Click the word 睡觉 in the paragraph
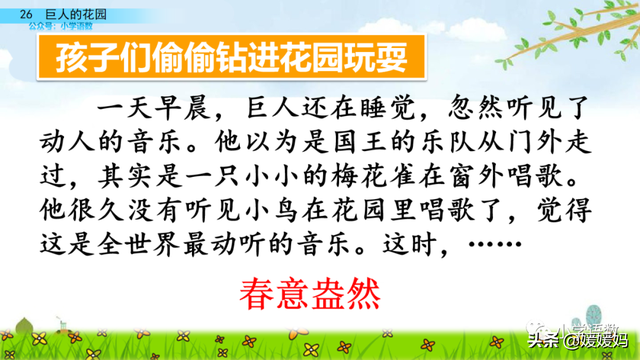point(390,106)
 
